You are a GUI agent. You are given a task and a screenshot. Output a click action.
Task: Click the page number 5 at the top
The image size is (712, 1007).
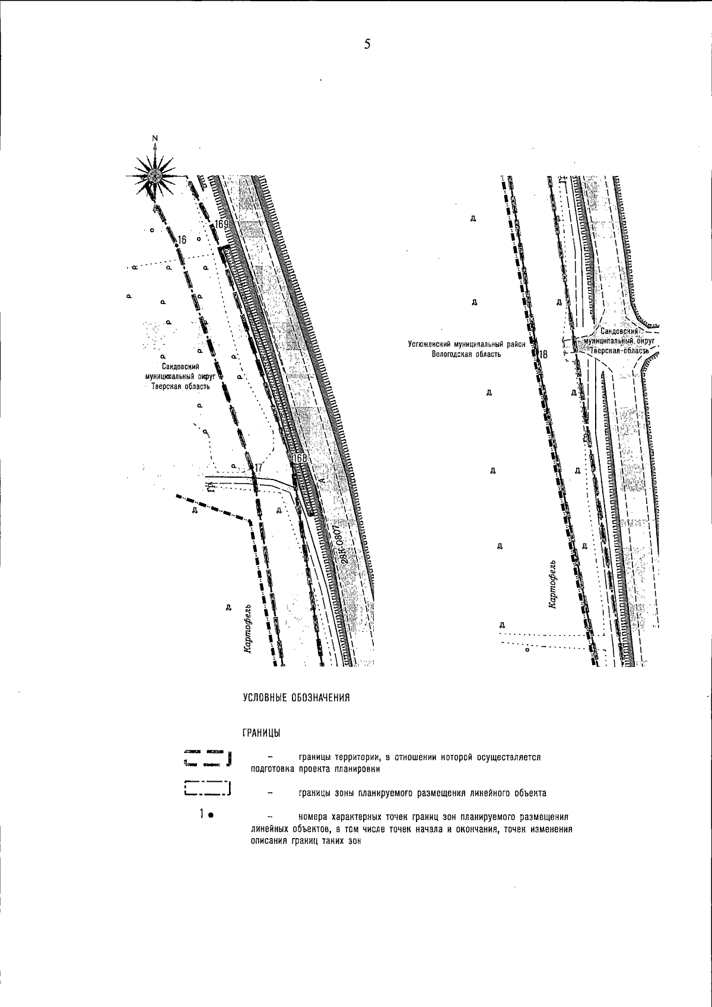coord(367,44)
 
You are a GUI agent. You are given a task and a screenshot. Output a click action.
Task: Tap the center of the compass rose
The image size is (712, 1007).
coord(155,175)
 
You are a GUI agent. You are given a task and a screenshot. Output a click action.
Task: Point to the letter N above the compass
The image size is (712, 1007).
coord(155,139)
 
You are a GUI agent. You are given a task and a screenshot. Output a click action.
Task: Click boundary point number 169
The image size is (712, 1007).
coord(222,225)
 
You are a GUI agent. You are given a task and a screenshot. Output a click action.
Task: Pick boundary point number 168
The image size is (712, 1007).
coord(300,458)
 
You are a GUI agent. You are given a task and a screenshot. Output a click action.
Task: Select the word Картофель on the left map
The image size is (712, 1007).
coord(249,629)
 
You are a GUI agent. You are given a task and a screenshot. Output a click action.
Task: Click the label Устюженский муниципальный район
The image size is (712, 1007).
coord(467,343)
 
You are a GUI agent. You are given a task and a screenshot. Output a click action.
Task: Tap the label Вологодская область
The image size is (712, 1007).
coord(466,354)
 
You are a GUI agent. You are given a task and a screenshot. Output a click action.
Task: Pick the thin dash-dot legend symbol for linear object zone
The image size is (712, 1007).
coord(207,788)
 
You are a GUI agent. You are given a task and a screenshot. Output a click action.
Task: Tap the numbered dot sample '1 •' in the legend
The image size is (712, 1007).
coord(206,814)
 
